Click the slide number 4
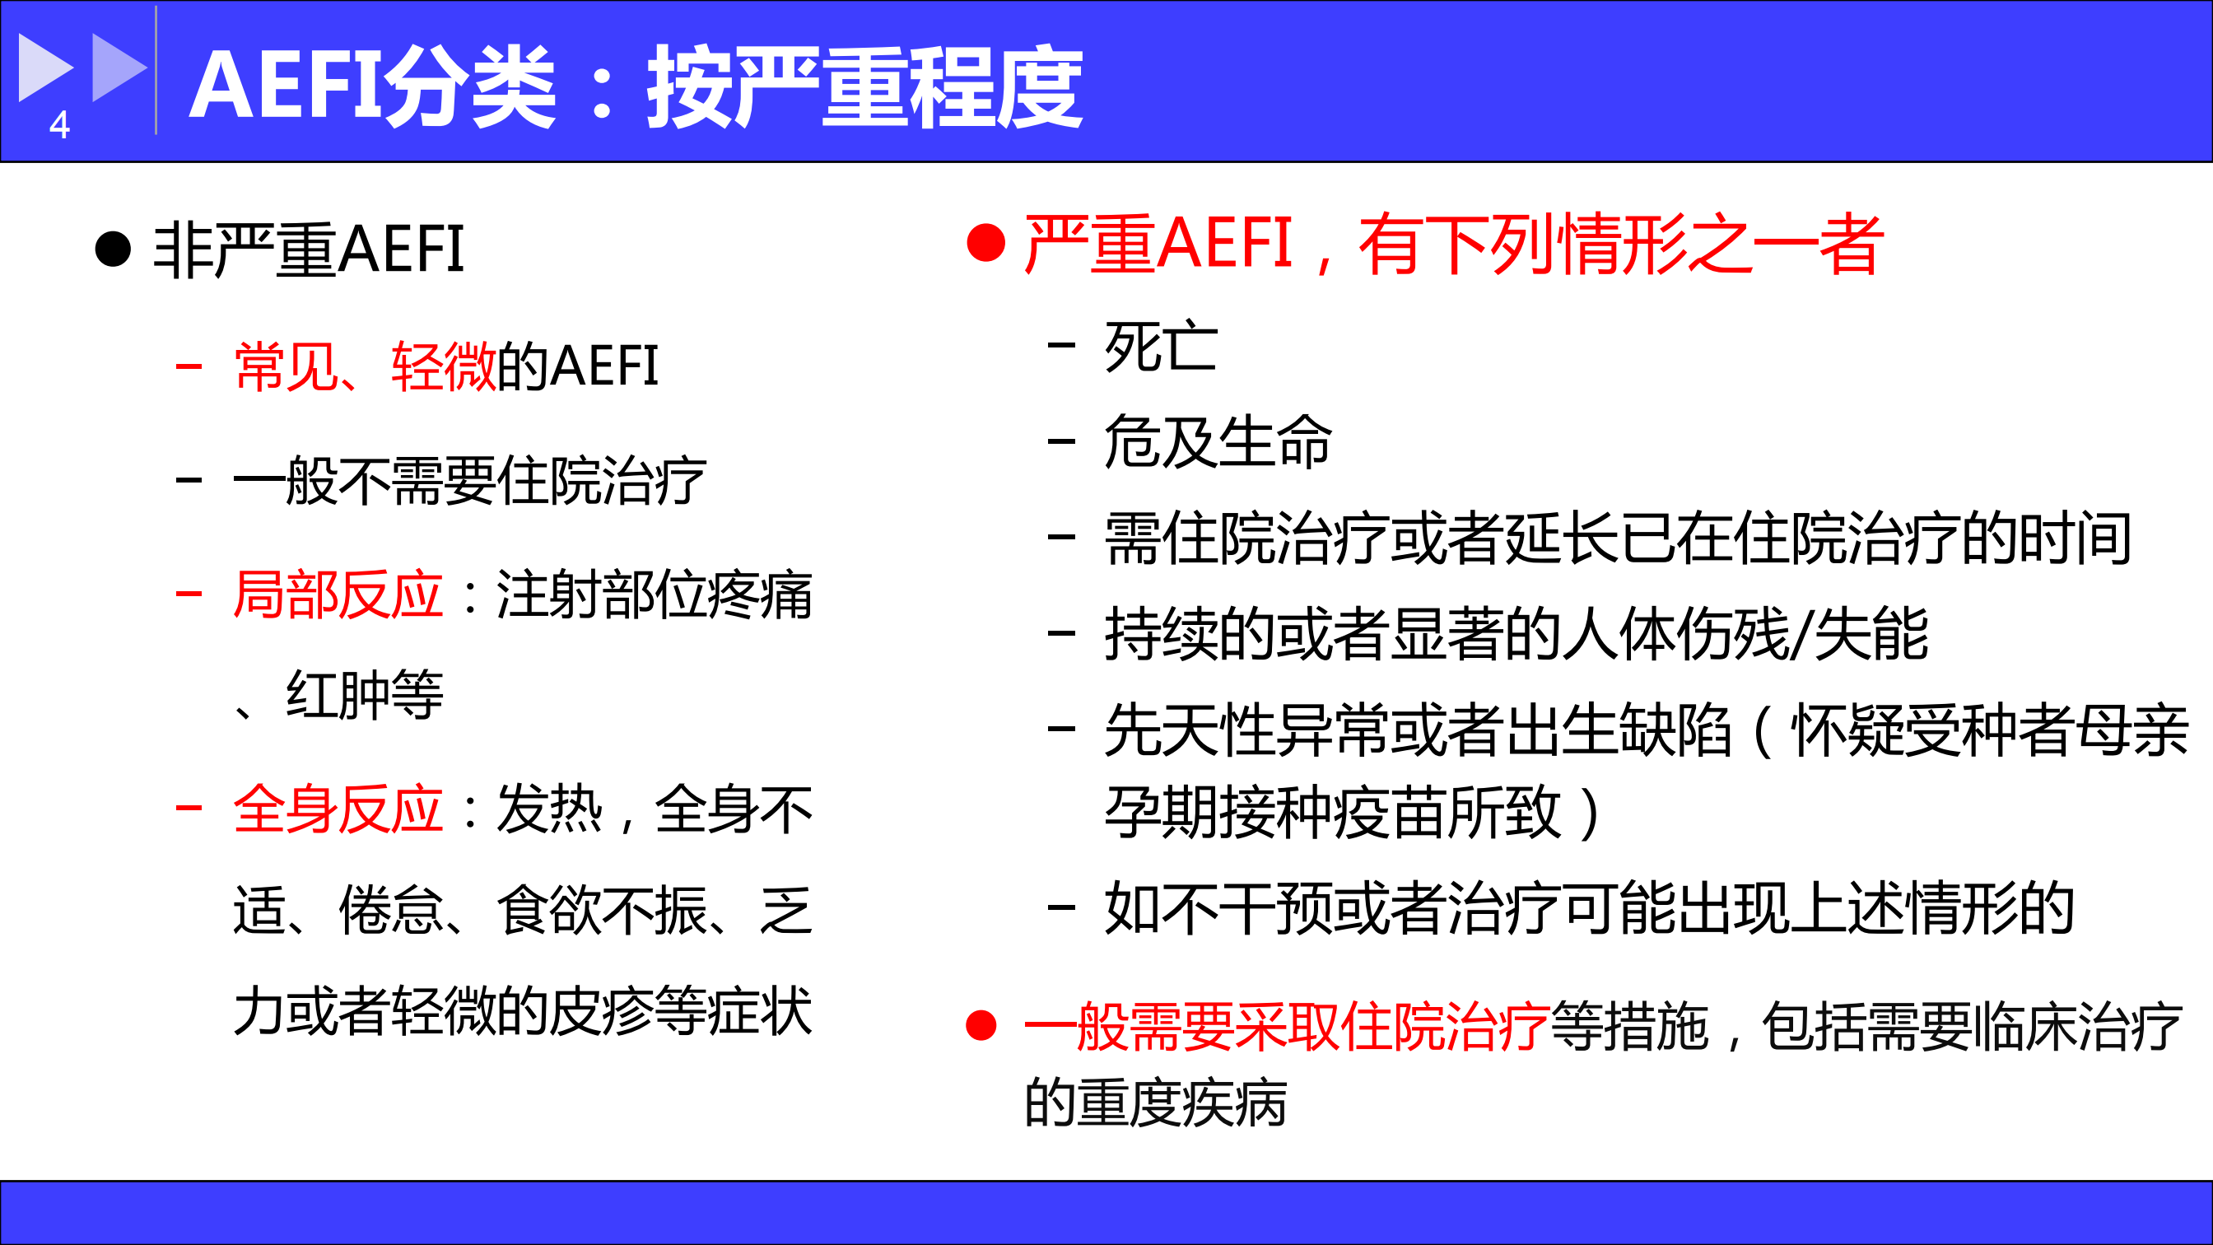59,124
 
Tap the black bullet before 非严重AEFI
113,249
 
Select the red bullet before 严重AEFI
985,242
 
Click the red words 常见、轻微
365,367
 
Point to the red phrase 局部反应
338,595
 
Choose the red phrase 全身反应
338,809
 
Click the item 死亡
1161,347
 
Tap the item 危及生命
1218,441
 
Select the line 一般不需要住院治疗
470,480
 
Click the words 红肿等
365,694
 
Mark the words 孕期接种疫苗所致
1331,812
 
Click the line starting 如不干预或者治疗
1589,907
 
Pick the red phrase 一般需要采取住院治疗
1287,1026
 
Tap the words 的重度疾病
1155,1103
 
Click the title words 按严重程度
864,86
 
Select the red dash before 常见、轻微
189,367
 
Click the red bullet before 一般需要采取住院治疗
981,1025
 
